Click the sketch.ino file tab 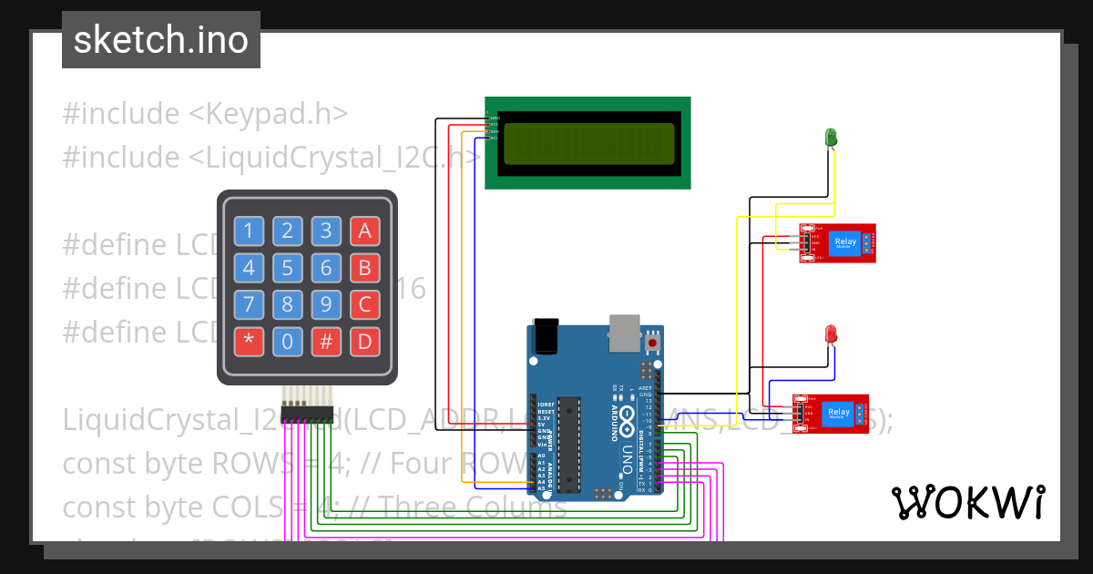(x=160, y=40)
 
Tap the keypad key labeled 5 (x=287, y=268)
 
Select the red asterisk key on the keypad (x=249, y=343)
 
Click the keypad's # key (x=325, y=343)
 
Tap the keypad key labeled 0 (x=287, y=343)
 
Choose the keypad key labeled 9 (x=325, y=305)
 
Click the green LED (x=831, y=138)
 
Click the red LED (x=831, y=334)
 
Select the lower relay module (x=830, y=414)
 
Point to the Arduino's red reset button (x=653, y=343)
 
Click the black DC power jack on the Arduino (x=546, y=335)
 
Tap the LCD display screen (x=587, y=143)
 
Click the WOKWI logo (x=967, y=502)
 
